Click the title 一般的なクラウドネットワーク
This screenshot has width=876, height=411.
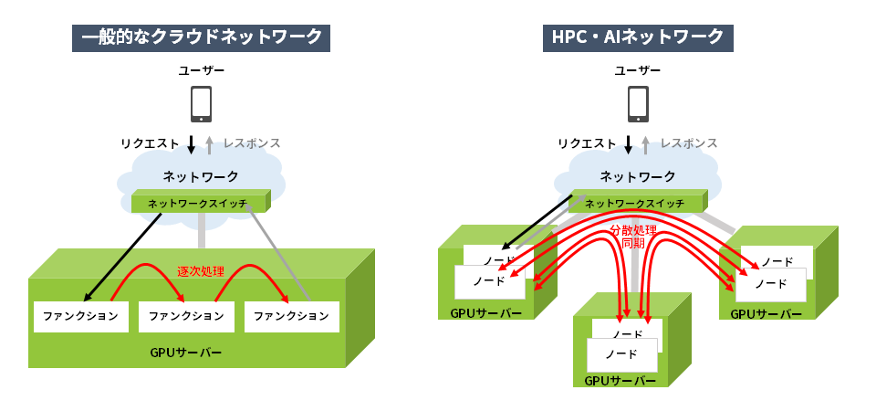(202, 37)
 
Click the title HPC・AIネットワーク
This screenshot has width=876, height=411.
(639, 37)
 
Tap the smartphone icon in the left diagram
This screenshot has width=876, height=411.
(201, 103)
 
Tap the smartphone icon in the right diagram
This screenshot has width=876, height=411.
(638, 103)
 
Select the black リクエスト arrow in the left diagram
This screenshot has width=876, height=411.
(191, 144)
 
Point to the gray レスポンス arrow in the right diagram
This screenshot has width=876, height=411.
(647, 144)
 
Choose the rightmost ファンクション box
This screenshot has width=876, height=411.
(291, 317)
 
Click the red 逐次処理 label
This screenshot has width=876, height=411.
(201, 271)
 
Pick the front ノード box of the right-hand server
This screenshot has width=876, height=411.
(771, 284)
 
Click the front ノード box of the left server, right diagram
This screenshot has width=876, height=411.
(490, 281)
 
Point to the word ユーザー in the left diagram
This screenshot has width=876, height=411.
(201, 70)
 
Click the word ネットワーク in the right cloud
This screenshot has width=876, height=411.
(638, 176)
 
